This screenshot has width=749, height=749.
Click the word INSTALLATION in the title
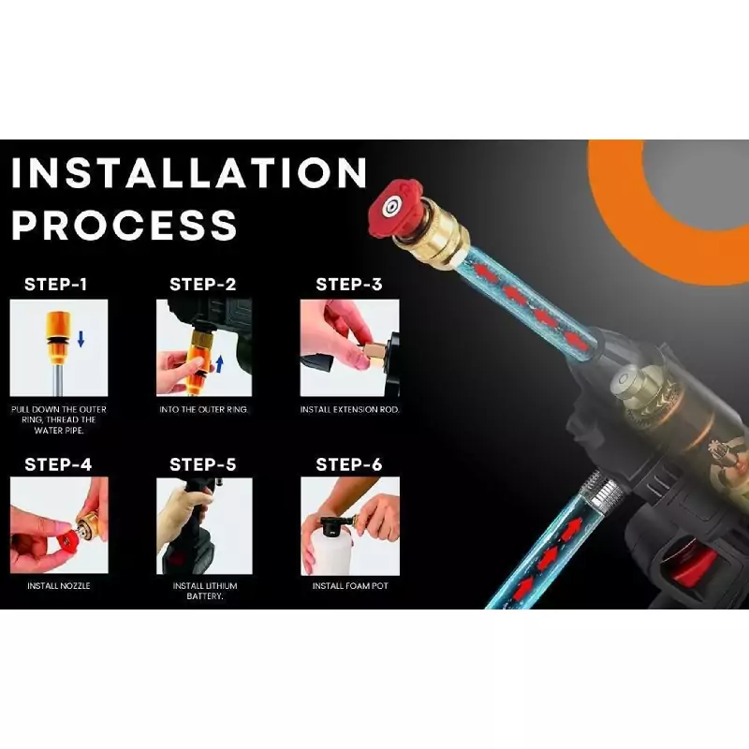click(189, 172)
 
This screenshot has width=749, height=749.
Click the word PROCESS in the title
click(125, 225)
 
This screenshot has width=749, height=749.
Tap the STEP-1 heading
click(56, 285)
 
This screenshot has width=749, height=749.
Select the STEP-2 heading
click(203, 285)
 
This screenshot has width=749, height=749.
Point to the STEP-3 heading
click(349, 285)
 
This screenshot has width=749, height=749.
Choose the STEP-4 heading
click(58, 464)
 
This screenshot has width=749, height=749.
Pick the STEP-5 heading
click(203, 464)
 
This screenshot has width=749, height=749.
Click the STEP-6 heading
click(349, 464)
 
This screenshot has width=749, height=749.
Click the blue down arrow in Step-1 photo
click(81, 339)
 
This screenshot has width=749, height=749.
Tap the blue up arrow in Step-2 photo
click(220, 364)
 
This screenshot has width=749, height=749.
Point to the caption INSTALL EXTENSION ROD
click(349, 409)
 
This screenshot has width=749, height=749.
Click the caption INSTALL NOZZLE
click(59, 586)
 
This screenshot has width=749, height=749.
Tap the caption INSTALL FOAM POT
click(350, 586)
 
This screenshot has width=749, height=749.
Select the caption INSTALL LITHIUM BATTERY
click(205, 591)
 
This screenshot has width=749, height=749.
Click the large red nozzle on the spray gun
click(394, 208)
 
